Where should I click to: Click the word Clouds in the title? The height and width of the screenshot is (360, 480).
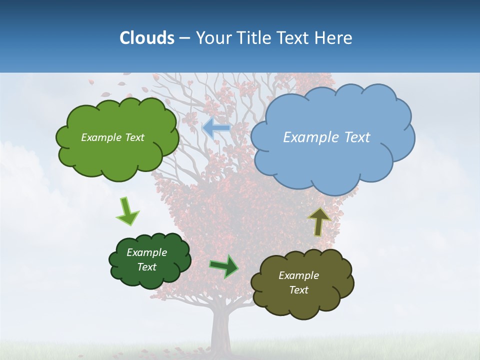click(147, 38)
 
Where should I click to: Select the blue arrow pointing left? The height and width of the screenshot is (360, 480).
click(215, 128)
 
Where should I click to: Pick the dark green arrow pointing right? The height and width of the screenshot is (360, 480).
click(224, 266)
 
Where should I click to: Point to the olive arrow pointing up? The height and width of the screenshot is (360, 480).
click(318, 221)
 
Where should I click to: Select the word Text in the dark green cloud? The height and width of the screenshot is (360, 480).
click(146, 267)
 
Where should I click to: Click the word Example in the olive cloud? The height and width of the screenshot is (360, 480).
click(298, 275)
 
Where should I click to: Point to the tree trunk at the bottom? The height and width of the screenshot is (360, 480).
click(223, 330)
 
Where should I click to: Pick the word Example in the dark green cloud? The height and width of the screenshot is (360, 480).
click(146, 252)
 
